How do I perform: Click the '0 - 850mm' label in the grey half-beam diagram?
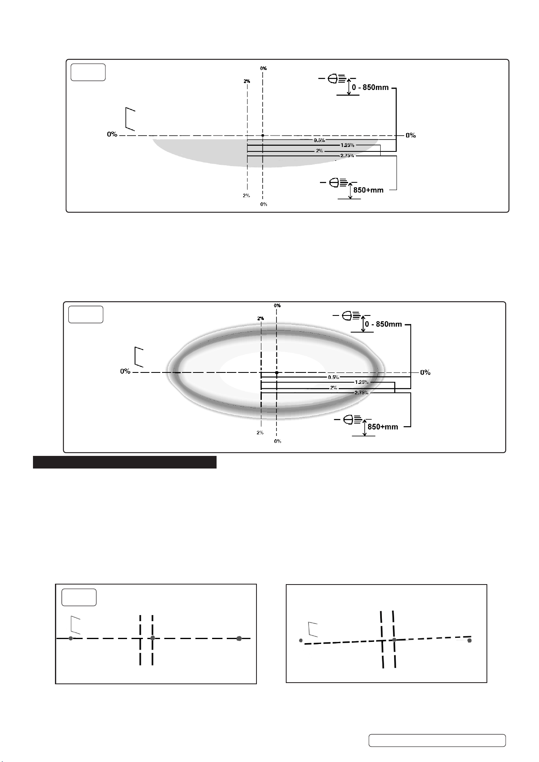[370, 88]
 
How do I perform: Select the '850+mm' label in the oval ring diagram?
[383, 427]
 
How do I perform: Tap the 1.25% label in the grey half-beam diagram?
[347, 145]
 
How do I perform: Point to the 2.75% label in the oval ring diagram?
[362, 392]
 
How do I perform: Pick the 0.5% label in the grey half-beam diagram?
[319, 140]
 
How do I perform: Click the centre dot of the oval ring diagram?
[277, 372]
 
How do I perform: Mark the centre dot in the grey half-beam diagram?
[263, 135]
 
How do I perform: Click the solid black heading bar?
[125, 462]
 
